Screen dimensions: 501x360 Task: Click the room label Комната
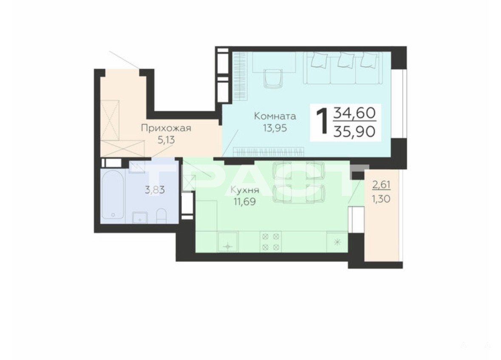[275, 116]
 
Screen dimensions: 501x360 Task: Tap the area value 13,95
[275, 128]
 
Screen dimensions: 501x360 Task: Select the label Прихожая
[166, 128]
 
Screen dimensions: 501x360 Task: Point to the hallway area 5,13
[166, 140]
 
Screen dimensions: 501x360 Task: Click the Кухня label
[245, 190]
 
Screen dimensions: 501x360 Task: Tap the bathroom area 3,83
[155, 190]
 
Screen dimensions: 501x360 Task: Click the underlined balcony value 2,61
[382, 184]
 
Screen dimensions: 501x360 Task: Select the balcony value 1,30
[381, 199]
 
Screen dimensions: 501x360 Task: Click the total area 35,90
[354, 131]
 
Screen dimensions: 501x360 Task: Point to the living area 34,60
[354, 113]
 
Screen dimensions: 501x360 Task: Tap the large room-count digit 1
[322, 122]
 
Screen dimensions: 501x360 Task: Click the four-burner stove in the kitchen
[271, 242]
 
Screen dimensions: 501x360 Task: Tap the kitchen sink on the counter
[227, 242]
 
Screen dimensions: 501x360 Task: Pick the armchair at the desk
[274, 78]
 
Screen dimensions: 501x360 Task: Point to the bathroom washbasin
[140, 217]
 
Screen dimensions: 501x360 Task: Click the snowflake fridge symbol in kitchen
[337, 242]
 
